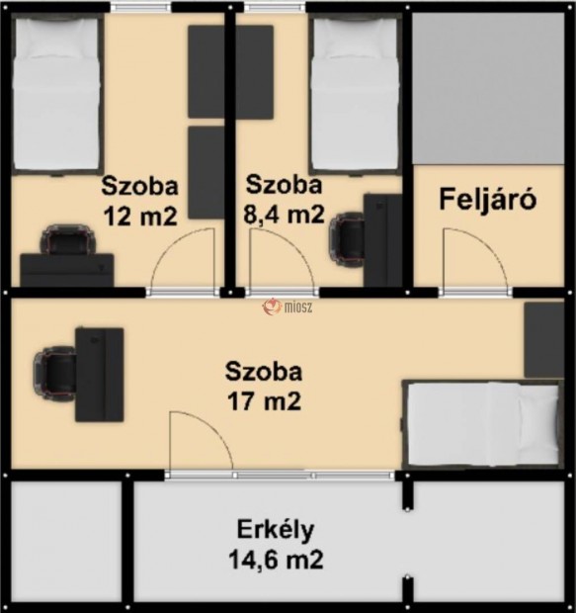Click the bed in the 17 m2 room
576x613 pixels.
481,423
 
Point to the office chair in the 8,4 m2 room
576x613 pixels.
349,237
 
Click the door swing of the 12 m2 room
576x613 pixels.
183,259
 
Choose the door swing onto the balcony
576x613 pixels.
201,443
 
